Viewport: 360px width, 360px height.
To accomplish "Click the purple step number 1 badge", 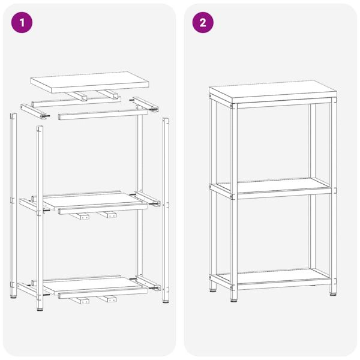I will (23, 23).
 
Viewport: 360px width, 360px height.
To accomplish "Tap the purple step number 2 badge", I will (203, 23).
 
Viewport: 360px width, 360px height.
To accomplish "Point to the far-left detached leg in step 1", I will (13, 204).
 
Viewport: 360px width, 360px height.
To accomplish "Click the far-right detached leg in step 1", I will (166, 204).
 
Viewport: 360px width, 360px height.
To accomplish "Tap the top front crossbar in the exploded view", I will (102, 113).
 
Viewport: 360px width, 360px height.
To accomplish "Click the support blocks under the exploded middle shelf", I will (96, 215).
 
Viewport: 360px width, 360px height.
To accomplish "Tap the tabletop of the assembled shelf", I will (274, 92).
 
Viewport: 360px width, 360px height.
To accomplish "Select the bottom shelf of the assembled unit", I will (274, 277).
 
